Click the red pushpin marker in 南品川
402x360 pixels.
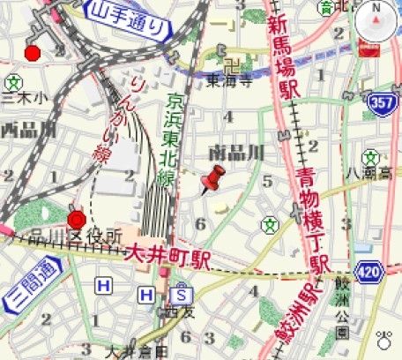pos(212,180)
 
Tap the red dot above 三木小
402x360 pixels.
pos(33,54)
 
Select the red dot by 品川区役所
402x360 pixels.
pos(76,219)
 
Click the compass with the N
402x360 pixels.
pos(377,20)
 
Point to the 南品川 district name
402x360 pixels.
pos(235,151)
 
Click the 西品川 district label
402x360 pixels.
pos(27,130)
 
